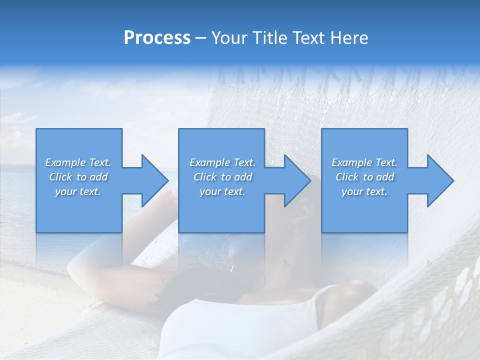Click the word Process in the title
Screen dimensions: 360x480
click(157, 38)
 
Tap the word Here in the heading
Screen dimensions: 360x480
click(350, 38)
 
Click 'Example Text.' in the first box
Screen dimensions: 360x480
click(78, 162)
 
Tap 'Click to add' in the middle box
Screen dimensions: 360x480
click(222, 177)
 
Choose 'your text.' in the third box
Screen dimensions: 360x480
click(364, 191)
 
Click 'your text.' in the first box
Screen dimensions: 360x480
click(78, 191)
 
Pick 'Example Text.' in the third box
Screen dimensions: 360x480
click(364, 162)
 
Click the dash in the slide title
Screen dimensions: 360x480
click(201, 38)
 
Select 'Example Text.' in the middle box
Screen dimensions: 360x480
click(222, 162)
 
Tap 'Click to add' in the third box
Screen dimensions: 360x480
click(364, 177)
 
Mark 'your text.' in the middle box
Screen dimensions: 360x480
click(222, 191)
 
